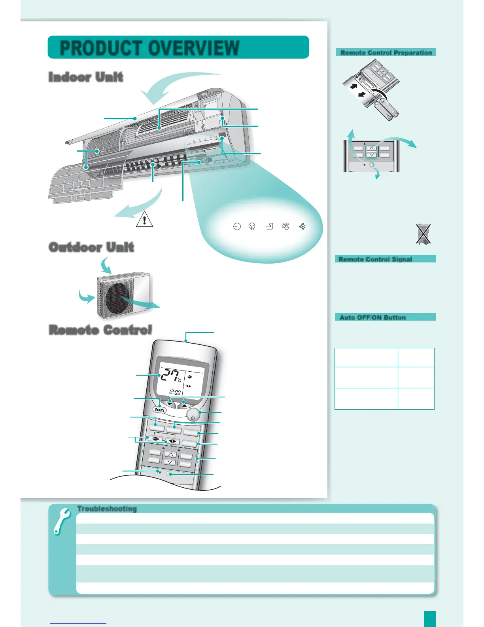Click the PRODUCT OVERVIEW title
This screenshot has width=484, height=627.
point(149,48)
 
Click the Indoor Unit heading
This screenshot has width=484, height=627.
point(86,77)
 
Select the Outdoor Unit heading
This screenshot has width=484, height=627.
point(91,247)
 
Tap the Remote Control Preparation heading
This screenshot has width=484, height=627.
point(386,53)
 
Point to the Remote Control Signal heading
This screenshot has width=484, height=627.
point(375,259)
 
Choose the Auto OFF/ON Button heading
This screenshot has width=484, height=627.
point(372,317)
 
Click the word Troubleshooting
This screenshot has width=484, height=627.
point(107,509)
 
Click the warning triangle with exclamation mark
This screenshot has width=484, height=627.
point(144,219)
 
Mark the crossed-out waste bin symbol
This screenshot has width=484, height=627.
point(423,234)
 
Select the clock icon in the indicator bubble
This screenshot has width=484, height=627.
point(237,226)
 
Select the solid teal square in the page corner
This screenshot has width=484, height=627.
point(429,619)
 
